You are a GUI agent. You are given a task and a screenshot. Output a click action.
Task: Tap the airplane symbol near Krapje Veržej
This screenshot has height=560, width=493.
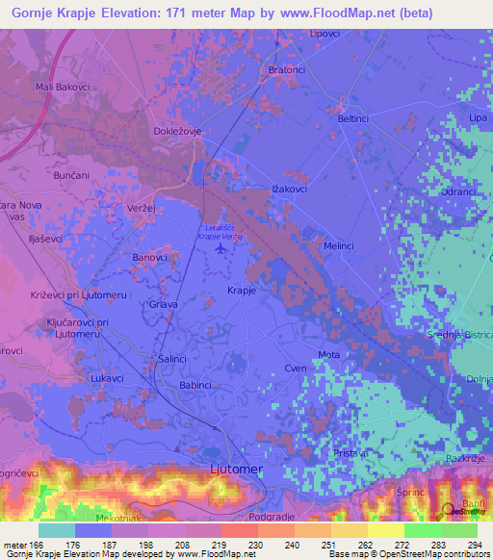(224, 248)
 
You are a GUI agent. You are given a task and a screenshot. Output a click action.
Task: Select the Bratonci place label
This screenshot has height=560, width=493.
(288, 70)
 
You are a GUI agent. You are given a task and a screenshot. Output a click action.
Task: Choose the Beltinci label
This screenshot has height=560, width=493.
(353, 117)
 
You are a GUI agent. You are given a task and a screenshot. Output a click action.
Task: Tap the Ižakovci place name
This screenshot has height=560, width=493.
(289, 190)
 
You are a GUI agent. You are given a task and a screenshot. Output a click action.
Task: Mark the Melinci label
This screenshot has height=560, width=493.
(339, 246)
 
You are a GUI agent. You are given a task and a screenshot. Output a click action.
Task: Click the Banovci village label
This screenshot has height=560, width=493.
(149, 258)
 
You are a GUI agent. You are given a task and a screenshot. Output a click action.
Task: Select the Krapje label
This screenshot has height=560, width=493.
(241, 292)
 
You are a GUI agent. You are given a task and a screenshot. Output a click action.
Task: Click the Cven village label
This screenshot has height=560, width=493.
(295, 369)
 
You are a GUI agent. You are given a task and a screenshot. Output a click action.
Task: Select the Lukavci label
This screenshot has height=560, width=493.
(108, 379)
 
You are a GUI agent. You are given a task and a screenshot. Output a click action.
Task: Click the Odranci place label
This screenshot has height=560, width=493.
(455, 192)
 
